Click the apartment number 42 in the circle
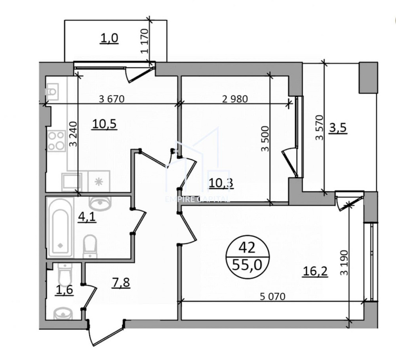click(247, 248)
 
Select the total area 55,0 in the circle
click(247, 264)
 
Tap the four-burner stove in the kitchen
click(56, 141)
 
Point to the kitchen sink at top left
click(52, 91)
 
